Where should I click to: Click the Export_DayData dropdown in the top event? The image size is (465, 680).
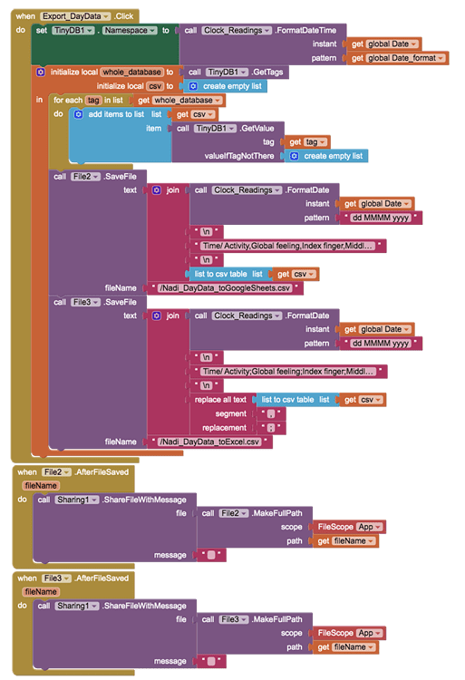pyautogui.click(x=76, y=16)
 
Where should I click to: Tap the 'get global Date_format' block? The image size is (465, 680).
pyautogui.click(x=395, y=58)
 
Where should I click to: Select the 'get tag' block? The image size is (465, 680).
pyautogui.click(x=308, y=142)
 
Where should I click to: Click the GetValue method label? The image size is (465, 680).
pyautogui.click(x=259, y=129)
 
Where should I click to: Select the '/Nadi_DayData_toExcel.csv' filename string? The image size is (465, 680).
pyautogui.click(x=213, y=442)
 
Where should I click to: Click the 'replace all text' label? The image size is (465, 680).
pyautogui.click(x=219, y=399)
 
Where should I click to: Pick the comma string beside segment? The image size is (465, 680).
pyautogui.click(x=267, y=413)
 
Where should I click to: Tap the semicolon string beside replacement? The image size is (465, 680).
pyautogui.click(x=267, y=427)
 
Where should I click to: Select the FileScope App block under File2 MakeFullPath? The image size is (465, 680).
pyautogui.click(x=348, y=527)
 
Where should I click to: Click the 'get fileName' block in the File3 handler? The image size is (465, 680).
pyautogui.click(x=344, y=646)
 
